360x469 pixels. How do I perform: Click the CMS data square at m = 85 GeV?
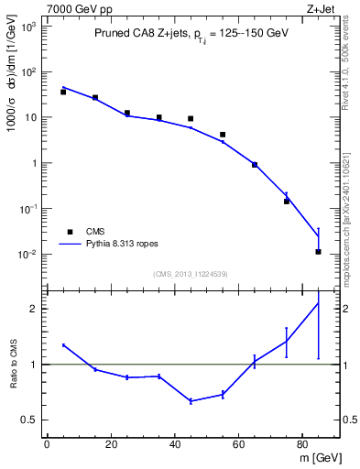(x=318, y=252)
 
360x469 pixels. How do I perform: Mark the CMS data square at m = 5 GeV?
(x=63, y=92)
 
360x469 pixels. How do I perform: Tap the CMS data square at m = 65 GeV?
(x=255, y=165)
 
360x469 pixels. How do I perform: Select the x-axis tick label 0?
(x=47, y=446)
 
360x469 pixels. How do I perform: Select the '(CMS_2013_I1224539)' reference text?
(x=191, y=273)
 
